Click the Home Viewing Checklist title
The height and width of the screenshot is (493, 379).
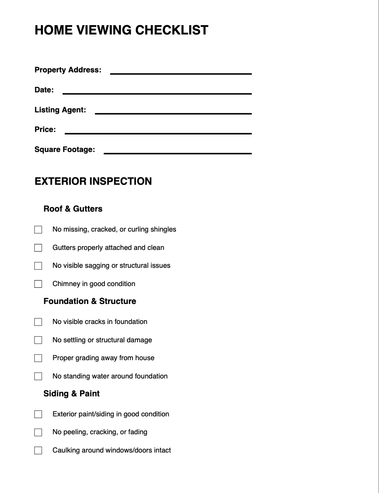(121, 30)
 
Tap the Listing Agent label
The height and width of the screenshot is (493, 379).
(60, 110)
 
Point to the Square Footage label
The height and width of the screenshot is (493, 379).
(65, 149)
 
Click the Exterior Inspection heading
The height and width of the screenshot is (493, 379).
(93, 181)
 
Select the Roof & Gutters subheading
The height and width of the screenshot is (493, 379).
(73, 209)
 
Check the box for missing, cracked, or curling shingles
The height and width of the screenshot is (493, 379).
(38, 230)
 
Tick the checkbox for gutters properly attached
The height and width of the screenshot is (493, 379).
(38, 248)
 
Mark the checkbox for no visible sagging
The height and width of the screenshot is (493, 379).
(38, 266)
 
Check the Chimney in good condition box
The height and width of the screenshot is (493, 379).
(38, 284)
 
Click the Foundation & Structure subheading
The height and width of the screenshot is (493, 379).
(90, 301)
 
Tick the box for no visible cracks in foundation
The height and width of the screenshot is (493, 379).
(38, 322)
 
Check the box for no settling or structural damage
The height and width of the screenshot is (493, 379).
(38, 340)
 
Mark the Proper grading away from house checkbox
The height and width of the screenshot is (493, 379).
(38, 358)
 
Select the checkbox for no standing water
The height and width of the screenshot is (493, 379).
(38, 376)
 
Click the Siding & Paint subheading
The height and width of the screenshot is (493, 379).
(72, 394)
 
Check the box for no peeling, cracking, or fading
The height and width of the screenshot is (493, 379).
(38, 433)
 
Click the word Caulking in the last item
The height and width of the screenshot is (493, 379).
(66, 450)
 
